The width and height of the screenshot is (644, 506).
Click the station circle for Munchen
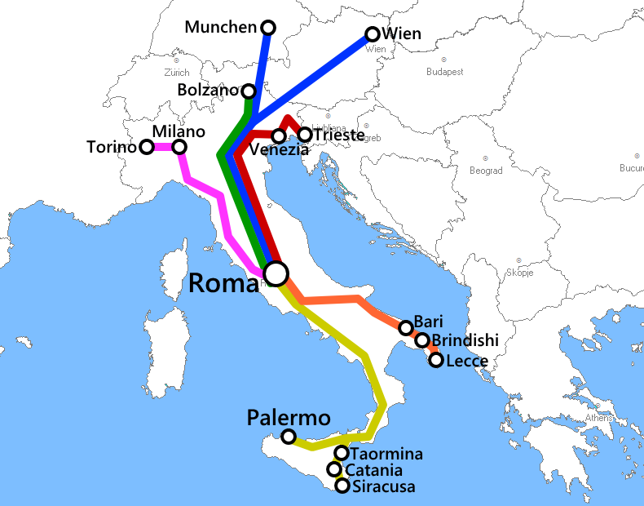(266, 27)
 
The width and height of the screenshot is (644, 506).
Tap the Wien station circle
(373, 34)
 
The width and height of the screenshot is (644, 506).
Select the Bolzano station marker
(249, 91)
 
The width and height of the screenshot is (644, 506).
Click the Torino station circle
(146, 147)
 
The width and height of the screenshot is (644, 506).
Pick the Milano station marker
(179, 147)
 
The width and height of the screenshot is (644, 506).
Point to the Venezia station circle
(279, 135)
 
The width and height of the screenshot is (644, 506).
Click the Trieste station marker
(305, 135)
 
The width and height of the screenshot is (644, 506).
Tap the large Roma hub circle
(276, 272)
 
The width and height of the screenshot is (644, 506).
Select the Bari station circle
(406, 328)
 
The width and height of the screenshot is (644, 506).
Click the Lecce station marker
(436, 359)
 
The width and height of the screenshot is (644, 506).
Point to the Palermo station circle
(289, 437)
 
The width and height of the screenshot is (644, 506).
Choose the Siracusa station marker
(342, 486)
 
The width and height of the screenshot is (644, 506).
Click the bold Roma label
(223, 283)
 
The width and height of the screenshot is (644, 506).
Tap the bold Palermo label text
(289, 419)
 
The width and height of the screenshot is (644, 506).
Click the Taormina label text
(386, 454)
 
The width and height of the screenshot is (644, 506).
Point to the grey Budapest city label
(444, 72)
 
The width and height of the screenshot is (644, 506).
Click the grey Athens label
(598, 419)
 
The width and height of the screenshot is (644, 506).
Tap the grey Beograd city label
(486, 171)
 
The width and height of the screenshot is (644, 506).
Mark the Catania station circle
(334, 469)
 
